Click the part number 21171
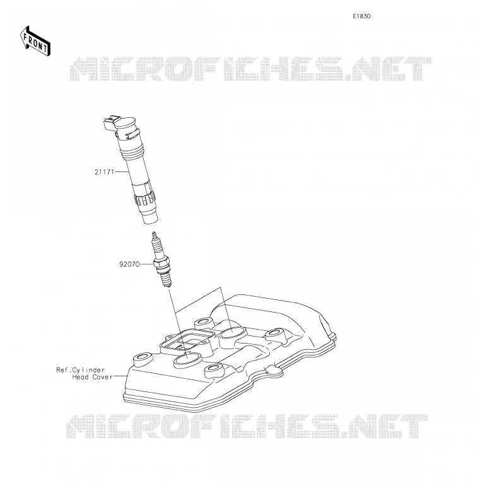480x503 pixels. click(x=104, y=172)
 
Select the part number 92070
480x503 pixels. click(x=129, y=264)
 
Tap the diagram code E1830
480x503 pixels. click(x=361, y=16)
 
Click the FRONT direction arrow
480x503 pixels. click(x=35, y=41)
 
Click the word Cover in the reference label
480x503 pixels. click(x=102, y=377)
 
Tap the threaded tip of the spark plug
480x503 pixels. click(x=166, y=280)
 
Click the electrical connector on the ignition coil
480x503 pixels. click(x=110, y=123)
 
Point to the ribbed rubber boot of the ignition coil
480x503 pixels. click(x=145, y=200)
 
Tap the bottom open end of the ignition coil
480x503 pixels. click(x=150, y=219)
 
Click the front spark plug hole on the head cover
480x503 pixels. click(x=187, y=360)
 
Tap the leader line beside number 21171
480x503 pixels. click(x=122, y=172)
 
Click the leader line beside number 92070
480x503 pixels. click(x=147, y=264)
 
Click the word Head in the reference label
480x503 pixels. click(x=81, y=377)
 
